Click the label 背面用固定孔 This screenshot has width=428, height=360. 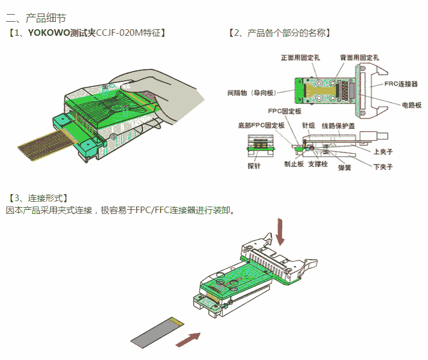tap(359, 57)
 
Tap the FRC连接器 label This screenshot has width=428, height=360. tap(401, 84)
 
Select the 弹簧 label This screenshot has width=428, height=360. tap(344, 168)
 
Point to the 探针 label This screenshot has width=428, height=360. tap(254, 166)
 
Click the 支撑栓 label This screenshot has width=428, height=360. tap(318, 164)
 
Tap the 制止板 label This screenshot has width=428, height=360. tap(294, 164)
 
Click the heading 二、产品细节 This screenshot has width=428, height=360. tap(36, 20)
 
